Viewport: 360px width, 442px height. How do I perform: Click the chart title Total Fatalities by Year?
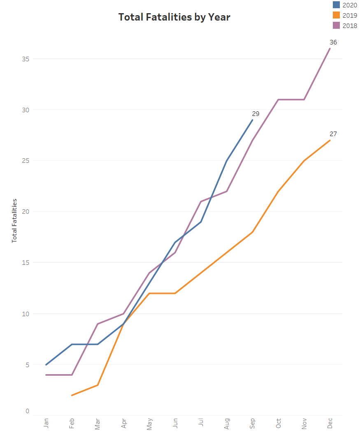pyautogui.click(x=174, y=17)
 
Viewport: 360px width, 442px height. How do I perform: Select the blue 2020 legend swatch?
pyautogui.click(x=336, y=5)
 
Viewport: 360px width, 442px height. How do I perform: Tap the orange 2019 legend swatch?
pyautogui.click(x=336, y=15)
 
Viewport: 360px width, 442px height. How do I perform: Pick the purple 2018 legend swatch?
pyautogui.click(x=336, y=25)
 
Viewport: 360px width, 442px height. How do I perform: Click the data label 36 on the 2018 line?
pyautogui.click(x=333, y=42)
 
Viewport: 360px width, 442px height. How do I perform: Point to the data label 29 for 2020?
pyautogui.click(x=255, y=114)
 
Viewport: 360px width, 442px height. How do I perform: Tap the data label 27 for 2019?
pyautogui.click(x=333, y=134)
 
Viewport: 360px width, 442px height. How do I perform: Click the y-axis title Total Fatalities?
pyautogui.click(x=14, y=221)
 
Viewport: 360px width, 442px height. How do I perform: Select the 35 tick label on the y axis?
pyautogui.click(x=26, y=59)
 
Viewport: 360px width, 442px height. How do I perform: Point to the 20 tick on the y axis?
pyautogui.click(x=26, y=212)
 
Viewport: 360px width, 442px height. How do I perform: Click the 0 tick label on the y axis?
pyautogui.click(x=27, y=411)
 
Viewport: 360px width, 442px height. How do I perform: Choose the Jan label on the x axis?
pyautogui.click(x=46, y=423)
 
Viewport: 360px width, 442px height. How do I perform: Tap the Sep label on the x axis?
pyautogui.click(x=253, y=424)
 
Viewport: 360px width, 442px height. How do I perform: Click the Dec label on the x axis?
pyautogui.click(x=330, y=423)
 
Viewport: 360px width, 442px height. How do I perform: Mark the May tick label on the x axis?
pyautogui.click(x=149, y=423)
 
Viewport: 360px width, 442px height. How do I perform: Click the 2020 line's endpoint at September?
pyautogui.click(x=252, y=120)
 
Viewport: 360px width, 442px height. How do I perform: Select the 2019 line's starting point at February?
pyautogui.click(x=72, y=395)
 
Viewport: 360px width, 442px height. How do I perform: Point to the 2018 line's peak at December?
pyautogui.click(x=330, y=49)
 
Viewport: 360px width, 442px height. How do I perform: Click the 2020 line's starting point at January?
pyautogui.click(x=46, y=365)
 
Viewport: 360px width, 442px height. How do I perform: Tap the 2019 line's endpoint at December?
pyautogui.click(x=330, y=140)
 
